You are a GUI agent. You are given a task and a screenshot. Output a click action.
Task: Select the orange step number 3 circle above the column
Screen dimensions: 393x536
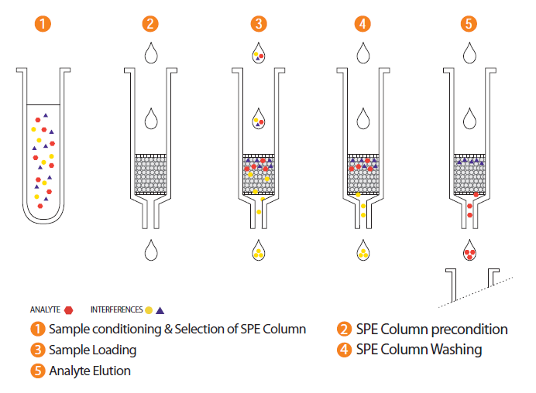pos(259,23)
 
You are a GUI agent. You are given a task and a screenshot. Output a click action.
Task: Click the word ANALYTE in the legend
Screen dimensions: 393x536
pos(45,309)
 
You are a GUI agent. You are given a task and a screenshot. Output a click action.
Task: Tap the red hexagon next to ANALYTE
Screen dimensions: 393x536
pos(69,309)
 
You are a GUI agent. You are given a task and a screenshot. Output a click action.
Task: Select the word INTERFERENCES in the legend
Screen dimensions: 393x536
pos(116,309)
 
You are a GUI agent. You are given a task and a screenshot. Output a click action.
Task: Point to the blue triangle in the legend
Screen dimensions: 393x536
pos(160,309)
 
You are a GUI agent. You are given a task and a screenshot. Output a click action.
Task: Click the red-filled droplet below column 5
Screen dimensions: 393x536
pos(469,251)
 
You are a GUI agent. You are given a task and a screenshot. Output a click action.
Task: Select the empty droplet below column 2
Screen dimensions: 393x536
pos(153,251)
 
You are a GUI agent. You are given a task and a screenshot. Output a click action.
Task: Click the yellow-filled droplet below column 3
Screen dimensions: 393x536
pos(259,251)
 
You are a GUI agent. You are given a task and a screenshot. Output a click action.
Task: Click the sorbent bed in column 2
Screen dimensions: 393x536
pos(152,174)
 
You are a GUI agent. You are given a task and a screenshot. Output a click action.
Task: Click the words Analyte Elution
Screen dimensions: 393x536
pos(89,371)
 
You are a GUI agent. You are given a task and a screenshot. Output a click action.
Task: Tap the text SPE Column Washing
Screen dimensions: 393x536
pos(419,350)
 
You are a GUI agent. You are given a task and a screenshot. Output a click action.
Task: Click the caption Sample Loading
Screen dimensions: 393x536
pos(92,350)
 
